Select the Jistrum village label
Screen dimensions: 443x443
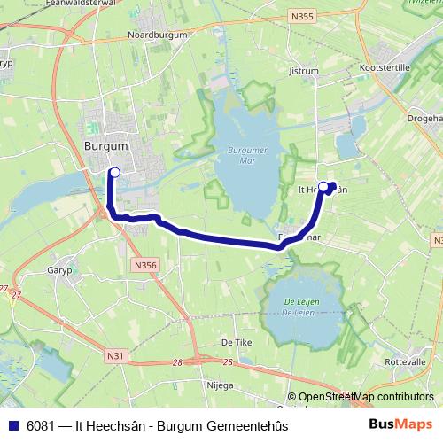tap(303, 68)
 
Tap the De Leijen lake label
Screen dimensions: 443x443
tap(301, 307)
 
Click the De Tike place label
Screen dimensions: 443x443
tap(233, 340)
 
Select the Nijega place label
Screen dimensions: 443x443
tap(219, 385)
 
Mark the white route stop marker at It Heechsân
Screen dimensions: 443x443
tap(323, 186)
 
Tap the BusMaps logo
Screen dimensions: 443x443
tap(400, 424)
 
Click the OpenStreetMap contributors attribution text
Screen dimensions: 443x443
tap(365, 397)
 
